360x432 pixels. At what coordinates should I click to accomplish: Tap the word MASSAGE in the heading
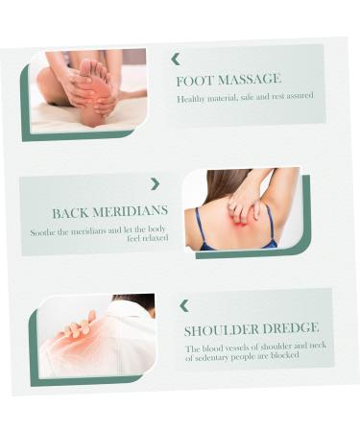tap(250, 79)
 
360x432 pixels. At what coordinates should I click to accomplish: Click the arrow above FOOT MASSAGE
tap(176, 60)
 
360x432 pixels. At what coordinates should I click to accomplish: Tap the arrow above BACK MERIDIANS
tap(156, 184)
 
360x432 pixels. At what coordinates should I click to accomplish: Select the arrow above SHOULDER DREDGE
tap(184, 306)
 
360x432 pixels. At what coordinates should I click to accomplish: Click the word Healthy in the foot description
tap(191, 99)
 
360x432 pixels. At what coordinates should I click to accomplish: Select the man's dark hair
tap(138, 302)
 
